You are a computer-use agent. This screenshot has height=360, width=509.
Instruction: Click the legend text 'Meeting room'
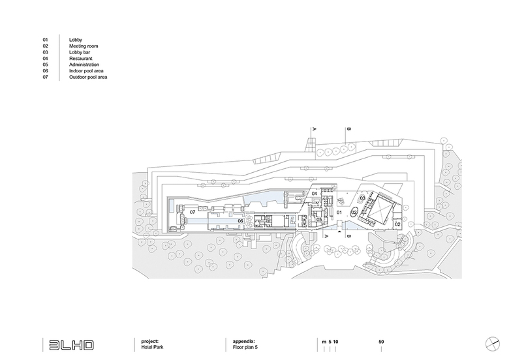coord(83,46)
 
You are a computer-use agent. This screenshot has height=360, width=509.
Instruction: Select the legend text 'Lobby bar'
coord(80,53)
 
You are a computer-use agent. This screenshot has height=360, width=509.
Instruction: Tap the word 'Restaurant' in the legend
coord(81,59)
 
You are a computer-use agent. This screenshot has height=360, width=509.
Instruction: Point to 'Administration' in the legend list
coord(84,65)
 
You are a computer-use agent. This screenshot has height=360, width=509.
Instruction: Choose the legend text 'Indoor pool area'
coord(87,71)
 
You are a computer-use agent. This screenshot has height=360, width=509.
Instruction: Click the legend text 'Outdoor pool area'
coord(88,78)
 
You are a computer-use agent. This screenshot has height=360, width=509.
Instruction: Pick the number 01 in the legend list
coord(46,40)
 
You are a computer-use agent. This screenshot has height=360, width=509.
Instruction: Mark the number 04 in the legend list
coord(46,59)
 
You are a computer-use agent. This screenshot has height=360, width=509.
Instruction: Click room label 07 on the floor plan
coord(193,213)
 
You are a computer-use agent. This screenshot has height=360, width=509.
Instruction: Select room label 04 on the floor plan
coord(314,194)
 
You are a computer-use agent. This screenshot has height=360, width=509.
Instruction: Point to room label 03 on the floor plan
coord(363,199)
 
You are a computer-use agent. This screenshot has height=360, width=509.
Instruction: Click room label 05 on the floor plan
coord(319,220)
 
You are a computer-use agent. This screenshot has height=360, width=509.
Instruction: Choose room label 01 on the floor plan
coord(339,213)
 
